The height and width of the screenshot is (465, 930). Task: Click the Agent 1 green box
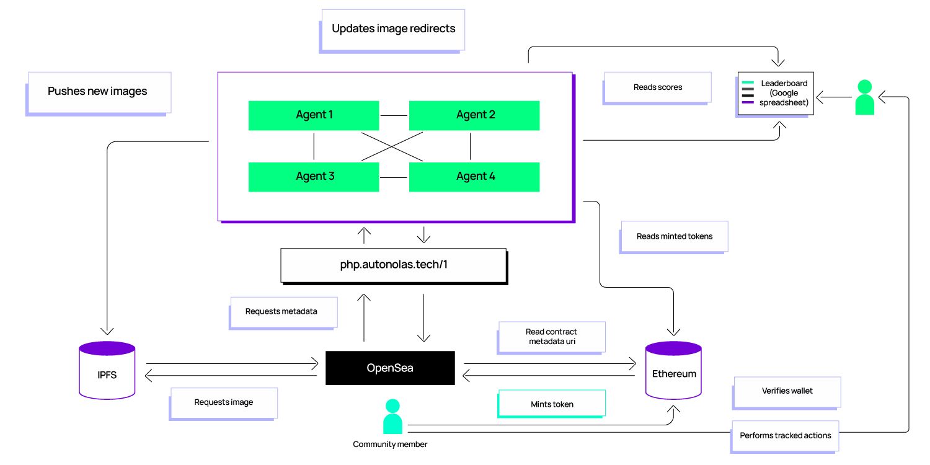pyautogui.click(x=314, y=115)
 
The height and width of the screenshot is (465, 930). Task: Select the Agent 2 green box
pyautogui.click(x=474, y=115)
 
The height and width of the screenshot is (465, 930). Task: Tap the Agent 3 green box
pyautogui.click(x=314, y=177)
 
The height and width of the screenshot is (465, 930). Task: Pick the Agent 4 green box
pyautogui.click(x=474, y=177)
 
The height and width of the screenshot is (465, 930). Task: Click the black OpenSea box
pyautogui.click(x=390, y=368)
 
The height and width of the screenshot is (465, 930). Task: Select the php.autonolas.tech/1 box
pyautogui.click(x=394, y=266)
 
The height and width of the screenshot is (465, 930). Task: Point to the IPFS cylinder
pyautogui.click(x=107, y=370)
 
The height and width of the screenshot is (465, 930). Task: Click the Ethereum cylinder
pyautogui.click(x=673, y=370)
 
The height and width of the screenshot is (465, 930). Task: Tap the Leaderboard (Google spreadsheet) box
pyautogui.click(x=775, y=94)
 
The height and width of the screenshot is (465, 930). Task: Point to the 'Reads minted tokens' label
pyautogui.click(x=673, y=237)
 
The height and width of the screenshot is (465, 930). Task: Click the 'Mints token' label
pyautogui.click(x=551, y=404)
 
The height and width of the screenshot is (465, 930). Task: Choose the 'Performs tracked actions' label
pyautogui.click(x=785, y=436)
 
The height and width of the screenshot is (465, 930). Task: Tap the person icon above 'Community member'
pyautogui.click(x=392, y=417)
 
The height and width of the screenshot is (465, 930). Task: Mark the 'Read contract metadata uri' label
pyautogui.click(x=551, y=338)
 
